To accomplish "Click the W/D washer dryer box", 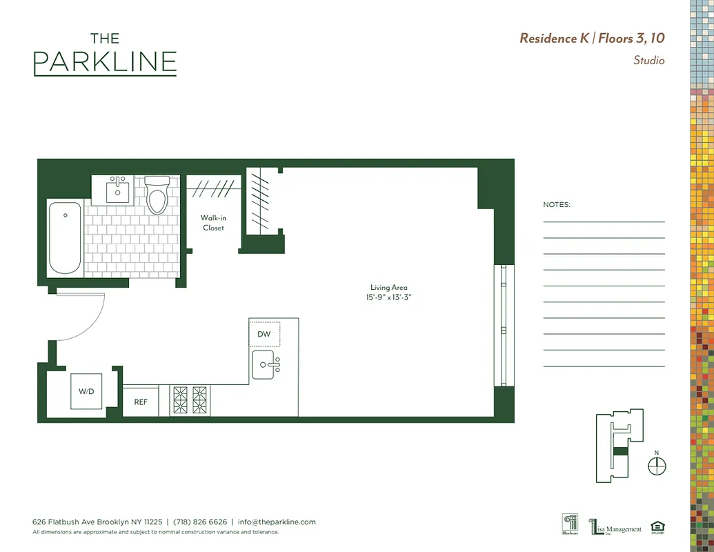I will click(86, 391).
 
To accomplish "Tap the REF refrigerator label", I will click(141, 402).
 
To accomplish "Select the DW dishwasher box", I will click(264, 334).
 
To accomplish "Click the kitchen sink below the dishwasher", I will click(266, 364).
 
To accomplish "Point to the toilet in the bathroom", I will click(157, 195).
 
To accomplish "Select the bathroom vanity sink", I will click(119, 190).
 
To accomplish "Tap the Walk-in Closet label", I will click(213, 223).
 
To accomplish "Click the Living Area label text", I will click(389, 288).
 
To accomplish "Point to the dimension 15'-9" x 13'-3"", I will click(390, 297).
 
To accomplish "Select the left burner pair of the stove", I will click(180, 400).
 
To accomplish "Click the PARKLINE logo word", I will click(105, 62).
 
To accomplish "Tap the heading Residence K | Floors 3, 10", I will click(592, 39).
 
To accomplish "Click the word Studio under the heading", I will click(648, 61).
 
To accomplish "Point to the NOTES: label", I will click(557, 205).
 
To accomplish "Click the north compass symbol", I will click(657, 466).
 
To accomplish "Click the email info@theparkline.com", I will click(277, 522).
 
